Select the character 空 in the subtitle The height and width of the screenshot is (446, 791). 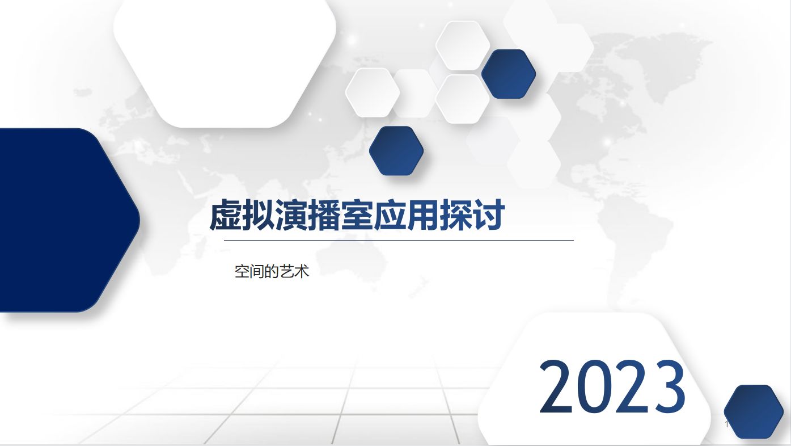[x=242, y=272]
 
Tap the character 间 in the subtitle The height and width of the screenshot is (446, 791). [x=257, y=272]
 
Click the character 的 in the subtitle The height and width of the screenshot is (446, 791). [x=272, y=272]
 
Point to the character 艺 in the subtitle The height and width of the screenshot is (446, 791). [x=286, y=272]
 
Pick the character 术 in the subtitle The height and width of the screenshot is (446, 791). [x=301, y=272]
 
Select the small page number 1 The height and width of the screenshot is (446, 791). [x=727, y=424]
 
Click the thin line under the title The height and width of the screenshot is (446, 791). [x=399, y=241]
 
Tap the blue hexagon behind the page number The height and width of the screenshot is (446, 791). [x=754, y=412]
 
